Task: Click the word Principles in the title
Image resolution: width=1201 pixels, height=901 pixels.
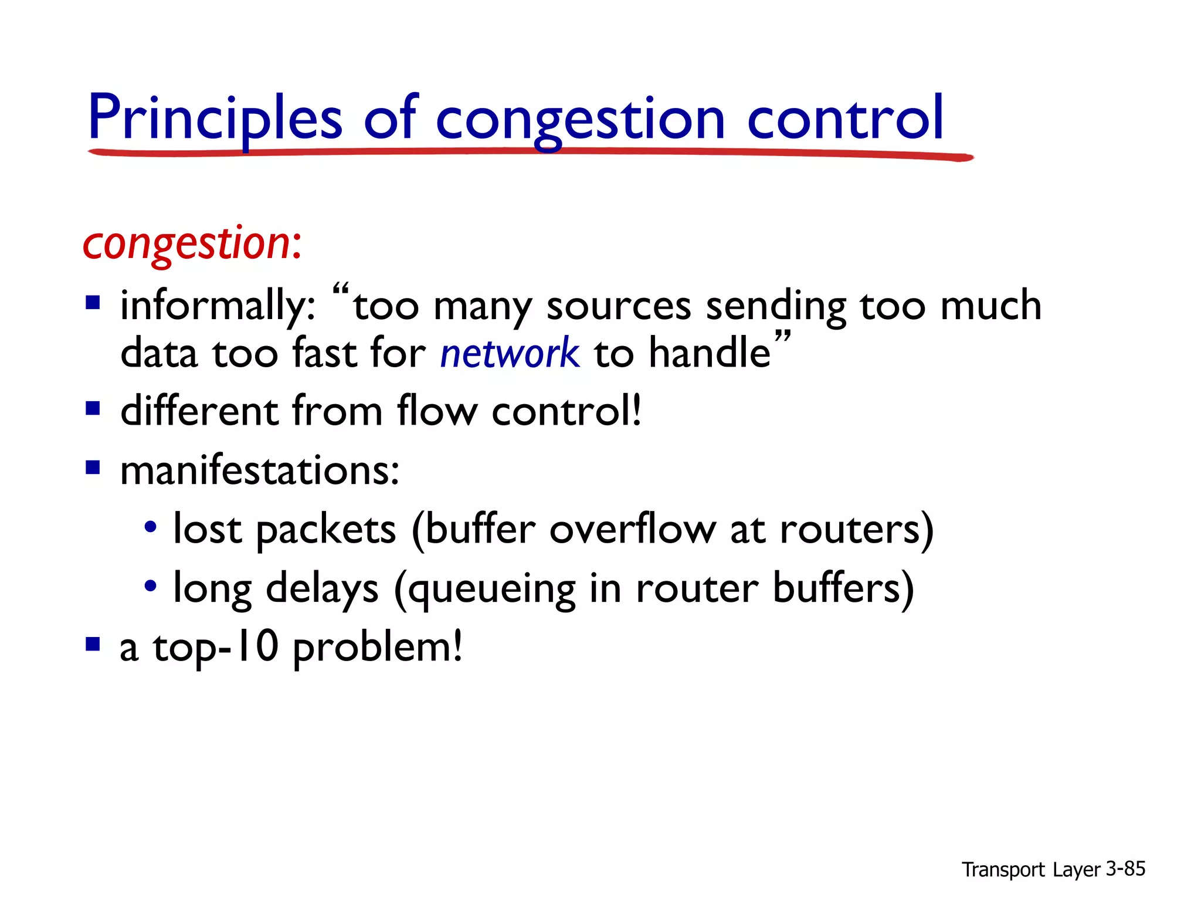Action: tap(215, 119)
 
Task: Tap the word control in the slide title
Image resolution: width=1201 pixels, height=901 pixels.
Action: tap(845, 119)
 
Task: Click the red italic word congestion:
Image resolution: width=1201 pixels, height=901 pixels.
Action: tap(192, 243)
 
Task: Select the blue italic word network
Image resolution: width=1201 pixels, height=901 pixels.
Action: tap(510, 353)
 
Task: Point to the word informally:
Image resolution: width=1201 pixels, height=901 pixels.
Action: tap(218, 306)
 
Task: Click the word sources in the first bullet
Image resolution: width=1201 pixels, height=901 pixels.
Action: tap(619, 306)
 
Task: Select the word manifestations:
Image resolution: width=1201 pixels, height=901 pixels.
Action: tap(260, 470)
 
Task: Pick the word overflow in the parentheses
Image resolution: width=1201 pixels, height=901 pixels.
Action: tap(632, 529)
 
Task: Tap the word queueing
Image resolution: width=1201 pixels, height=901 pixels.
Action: tap(491, 589)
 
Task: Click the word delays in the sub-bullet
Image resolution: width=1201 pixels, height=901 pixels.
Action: tap(322, 589)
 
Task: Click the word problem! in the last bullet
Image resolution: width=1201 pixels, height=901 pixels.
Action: tap(377, 648)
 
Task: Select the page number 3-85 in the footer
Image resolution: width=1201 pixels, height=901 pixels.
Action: tap(1125, 869)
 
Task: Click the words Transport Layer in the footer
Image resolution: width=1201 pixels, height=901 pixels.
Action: tap(1031, 869)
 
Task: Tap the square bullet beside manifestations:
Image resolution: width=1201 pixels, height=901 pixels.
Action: tap(93, 468)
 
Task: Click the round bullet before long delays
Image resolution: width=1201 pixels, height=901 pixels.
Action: tap(151, 585)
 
